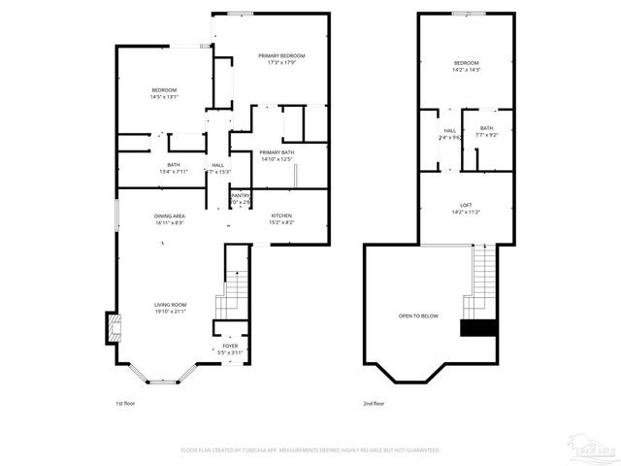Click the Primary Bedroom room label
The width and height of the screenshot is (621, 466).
281,56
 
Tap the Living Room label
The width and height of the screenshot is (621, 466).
170,305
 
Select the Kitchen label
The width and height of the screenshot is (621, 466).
281,216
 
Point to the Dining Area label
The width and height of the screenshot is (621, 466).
170,216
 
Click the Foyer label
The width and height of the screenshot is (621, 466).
230,346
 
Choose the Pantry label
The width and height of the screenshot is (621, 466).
240,196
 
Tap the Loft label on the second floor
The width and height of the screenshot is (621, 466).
466,205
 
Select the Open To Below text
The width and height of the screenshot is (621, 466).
418,316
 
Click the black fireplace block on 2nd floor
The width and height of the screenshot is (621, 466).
477,328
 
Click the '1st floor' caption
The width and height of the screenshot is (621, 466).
126,401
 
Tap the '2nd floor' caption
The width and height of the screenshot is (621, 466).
375,401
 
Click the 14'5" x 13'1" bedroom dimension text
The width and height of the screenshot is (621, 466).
163,97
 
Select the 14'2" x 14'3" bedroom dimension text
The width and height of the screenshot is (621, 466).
466,69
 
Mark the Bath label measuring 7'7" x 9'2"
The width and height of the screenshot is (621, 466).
486,128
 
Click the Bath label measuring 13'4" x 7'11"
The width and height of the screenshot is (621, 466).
174,165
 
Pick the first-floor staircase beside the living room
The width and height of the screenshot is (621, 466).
234,285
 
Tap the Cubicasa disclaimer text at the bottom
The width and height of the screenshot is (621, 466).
310,450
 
